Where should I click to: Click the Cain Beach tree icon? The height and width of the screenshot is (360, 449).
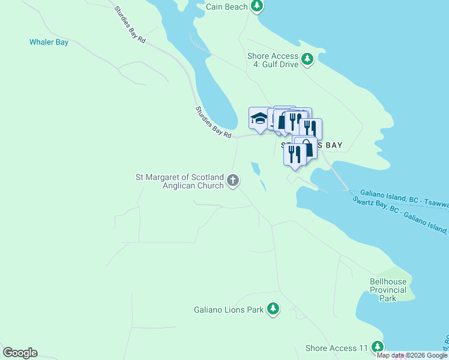257,7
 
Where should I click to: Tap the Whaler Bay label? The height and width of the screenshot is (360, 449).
49,43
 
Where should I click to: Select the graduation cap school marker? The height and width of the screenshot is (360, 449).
259,118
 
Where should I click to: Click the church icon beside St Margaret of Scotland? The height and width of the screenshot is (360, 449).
233,180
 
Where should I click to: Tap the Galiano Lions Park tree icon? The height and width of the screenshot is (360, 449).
273,309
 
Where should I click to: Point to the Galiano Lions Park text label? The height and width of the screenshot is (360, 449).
229,310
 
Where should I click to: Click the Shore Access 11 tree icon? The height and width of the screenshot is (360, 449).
377,347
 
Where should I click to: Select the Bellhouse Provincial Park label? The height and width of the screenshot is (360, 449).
388,290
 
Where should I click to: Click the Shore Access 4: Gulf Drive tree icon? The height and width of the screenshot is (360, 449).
307,59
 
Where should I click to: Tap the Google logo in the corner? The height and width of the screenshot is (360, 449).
20,353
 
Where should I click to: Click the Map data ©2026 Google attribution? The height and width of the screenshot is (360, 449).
412,355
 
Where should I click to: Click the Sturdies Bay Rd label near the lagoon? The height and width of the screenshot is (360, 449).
213,123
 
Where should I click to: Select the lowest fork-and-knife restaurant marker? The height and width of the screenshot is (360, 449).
294,154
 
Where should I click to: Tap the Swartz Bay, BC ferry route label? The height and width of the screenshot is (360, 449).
399,214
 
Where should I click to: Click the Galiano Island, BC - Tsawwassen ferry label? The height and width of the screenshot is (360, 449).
408,199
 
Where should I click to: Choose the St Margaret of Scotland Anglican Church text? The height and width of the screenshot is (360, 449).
180,181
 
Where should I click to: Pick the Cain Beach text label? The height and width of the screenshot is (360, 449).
226,7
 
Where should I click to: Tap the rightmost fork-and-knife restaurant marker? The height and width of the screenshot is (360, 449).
310,128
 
